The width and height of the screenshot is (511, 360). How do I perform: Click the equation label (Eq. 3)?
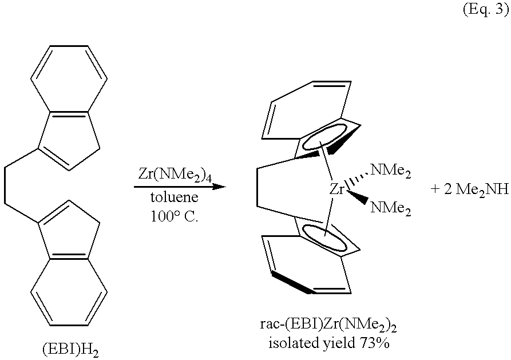click(x=486, y=9)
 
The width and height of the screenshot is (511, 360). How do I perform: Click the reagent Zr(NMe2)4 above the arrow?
click(x=175, y=174)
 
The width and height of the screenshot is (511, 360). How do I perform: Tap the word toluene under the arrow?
click(x=175, y=197)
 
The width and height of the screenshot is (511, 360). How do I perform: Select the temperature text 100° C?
click(x=175, y=216)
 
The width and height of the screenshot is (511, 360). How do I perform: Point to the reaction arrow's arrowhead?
click(x=219, y=187)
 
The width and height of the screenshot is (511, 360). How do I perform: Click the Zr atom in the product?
click(x=337, y=189)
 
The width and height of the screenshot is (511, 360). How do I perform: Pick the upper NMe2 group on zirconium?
click(x=390, y=171)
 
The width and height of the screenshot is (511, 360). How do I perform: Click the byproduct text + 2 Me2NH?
click(x=469, y=189)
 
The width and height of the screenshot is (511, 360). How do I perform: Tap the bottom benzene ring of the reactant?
click(x=69, y=292)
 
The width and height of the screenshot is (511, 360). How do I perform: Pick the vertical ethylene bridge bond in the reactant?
click(x=5, y=185)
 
